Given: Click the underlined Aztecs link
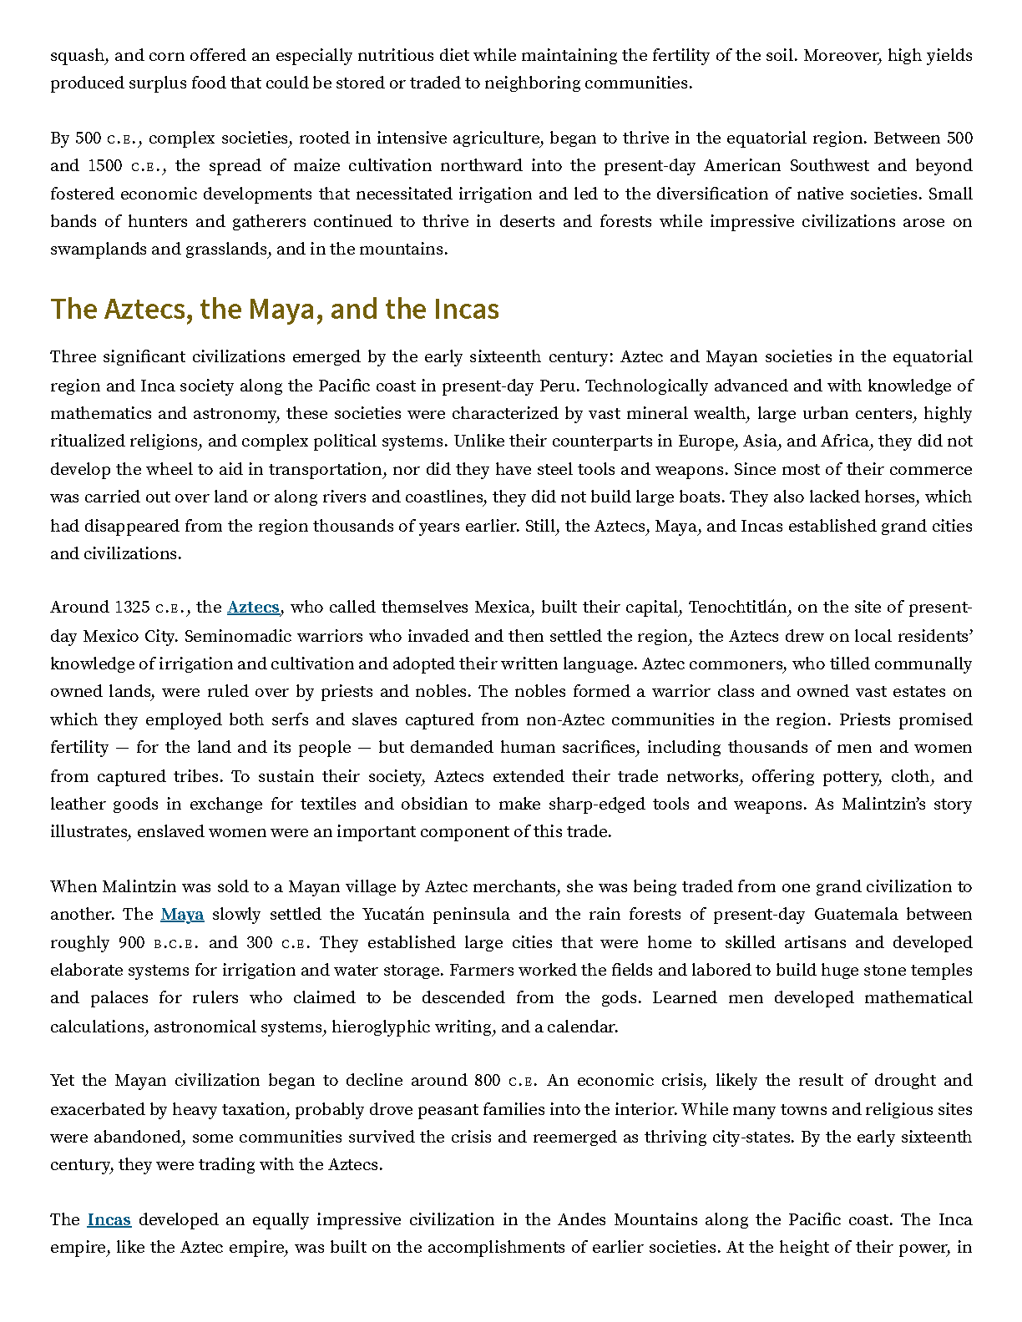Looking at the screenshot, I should [253, 608].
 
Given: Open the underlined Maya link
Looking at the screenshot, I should [182, 914].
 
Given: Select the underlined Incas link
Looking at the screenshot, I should [109, 1219].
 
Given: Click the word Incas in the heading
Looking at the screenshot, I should [466, 309].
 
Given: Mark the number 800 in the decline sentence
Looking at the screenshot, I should [488, 1080].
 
